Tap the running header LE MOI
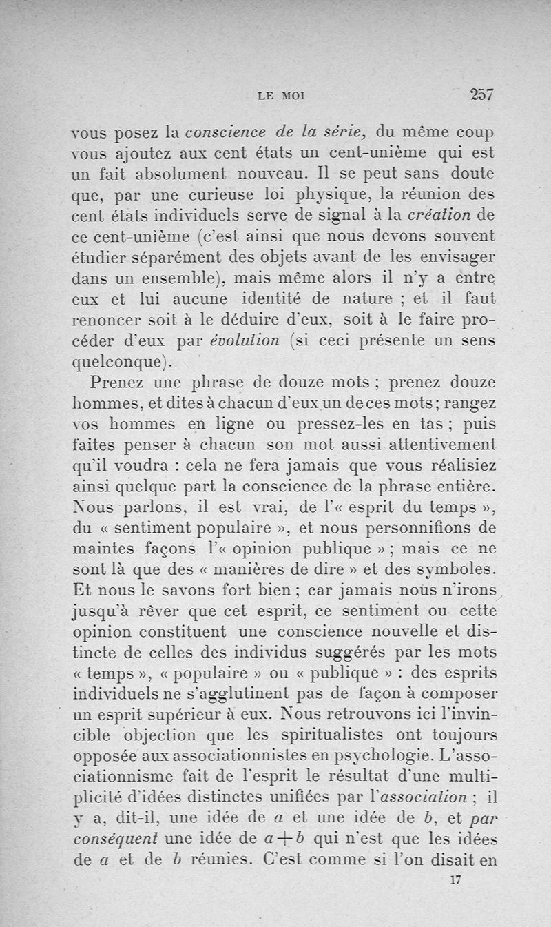point(281,96)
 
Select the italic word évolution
point(249,340)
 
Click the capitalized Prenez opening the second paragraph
point(121,383)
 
